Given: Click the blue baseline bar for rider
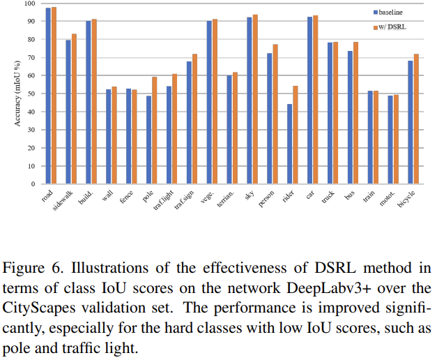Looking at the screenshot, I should click(289, 144).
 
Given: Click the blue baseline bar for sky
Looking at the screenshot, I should click(250, 100).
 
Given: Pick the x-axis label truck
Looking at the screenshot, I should click(328, 197).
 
